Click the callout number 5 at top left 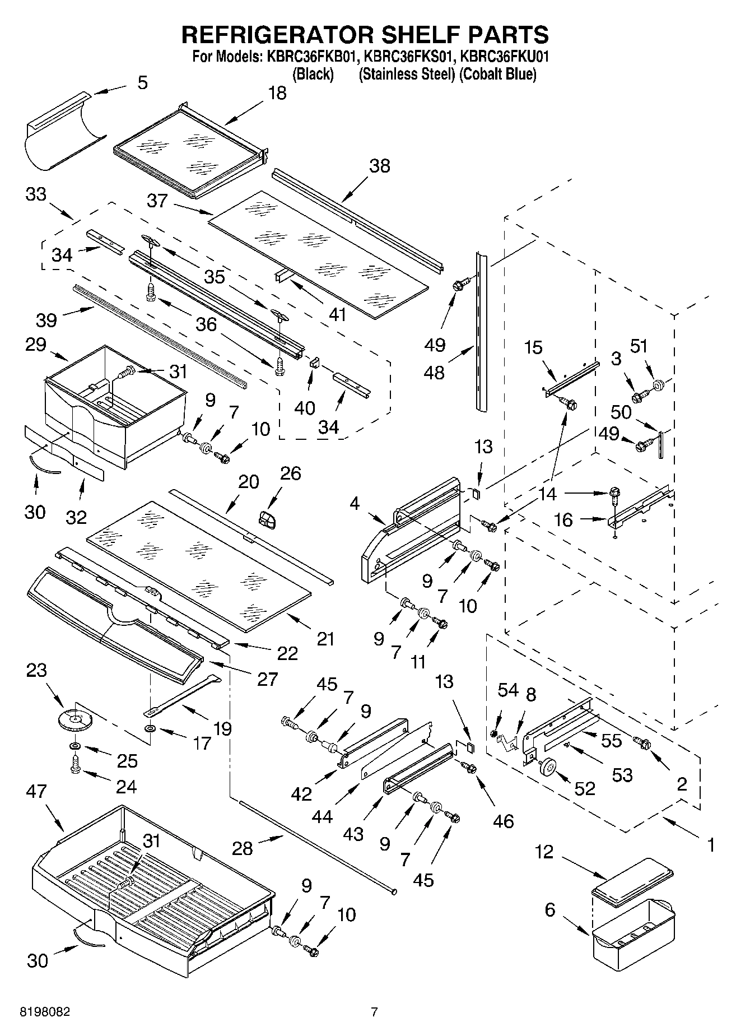[142, 83]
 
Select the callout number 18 [277, 94]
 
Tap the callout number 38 [379, 166]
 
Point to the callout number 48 [435, 372]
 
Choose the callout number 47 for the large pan [38, 791]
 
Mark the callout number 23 [36, 670]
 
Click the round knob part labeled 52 [548, 766]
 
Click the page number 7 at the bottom [374, 1012]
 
